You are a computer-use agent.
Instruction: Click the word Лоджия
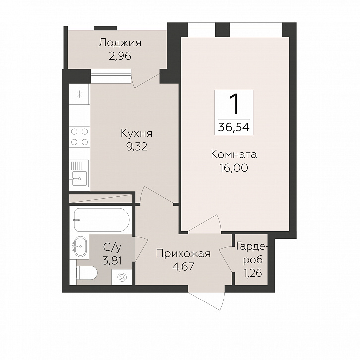tap(120, 43)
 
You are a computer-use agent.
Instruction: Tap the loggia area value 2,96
tap(120, 56)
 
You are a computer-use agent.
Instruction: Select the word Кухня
tap(136, 133)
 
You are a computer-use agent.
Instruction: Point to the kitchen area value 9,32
tap(137, 147)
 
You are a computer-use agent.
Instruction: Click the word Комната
tap(234, 155)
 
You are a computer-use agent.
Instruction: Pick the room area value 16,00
tap(234, 168)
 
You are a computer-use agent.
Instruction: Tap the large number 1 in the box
tap(234, 105)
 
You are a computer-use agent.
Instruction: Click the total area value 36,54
tap(234, 127)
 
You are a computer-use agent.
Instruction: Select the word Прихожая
tap(183, 254)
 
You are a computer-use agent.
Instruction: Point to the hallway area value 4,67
tap(183, 267)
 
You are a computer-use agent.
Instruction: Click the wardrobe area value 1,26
tap(252, 273)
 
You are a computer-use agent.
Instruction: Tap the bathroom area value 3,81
tap(112, 261)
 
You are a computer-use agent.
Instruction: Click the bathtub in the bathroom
tap(102, 220)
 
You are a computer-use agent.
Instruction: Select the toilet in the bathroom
tap(87, 273)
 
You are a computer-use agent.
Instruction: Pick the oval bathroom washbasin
tap(80, 246)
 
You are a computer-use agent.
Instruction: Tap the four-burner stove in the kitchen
tap(79, 137)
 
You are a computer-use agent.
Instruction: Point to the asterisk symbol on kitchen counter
tap(79, 94)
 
